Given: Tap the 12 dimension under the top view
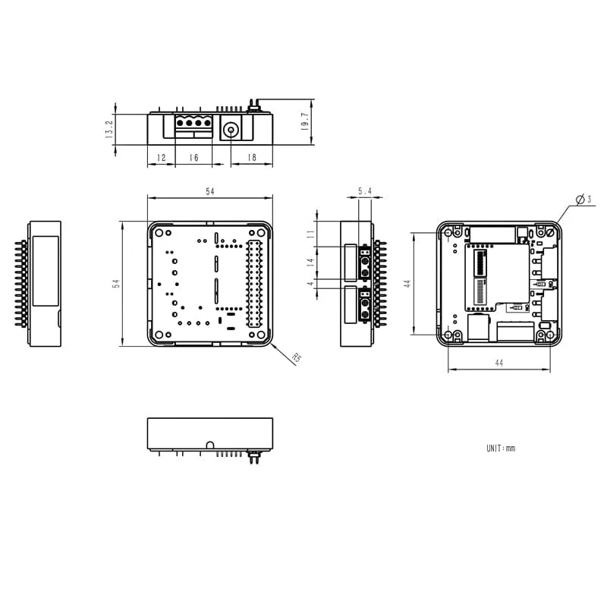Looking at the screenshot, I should (161, 158).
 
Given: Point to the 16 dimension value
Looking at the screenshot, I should (193, 158).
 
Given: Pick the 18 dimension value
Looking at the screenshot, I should (252, 158).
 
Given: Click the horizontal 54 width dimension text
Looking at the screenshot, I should (209, 192).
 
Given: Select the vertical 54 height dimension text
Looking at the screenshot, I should (116, 283).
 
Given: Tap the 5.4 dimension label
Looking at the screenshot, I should (365, 192).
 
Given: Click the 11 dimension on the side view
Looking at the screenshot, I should (310, 234).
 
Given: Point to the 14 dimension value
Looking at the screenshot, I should (310, 262).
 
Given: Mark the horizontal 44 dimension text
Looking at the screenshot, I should (498, 363).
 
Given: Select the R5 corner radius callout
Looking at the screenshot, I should (296, 358).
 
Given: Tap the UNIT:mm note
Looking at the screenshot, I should (501, 448).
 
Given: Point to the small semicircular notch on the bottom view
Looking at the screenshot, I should (209, 444).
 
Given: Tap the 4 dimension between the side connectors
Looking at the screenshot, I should (310, 283).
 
